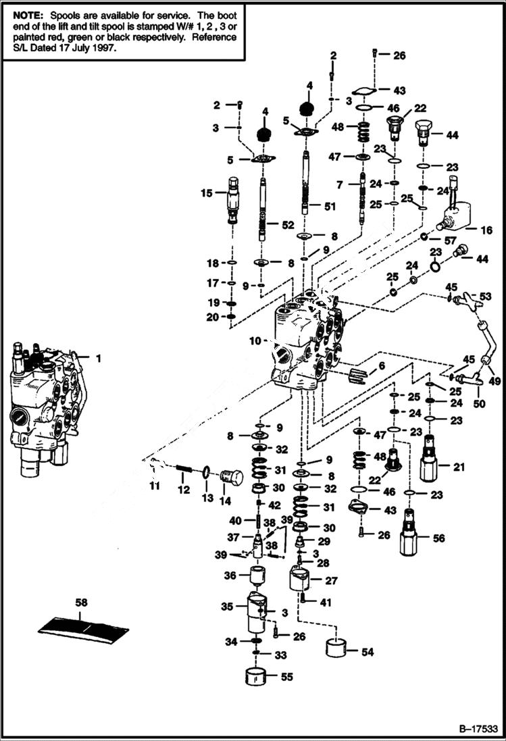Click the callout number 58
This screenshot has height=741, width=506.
[x=81, y=602]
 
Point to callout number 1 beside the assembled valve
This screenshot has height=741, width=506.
[x=98, y=359]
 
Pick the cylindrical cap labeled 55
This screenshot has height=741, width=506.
[x=256, y=675]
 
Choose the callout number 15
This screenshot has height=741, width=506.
[x=206, y=193]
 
